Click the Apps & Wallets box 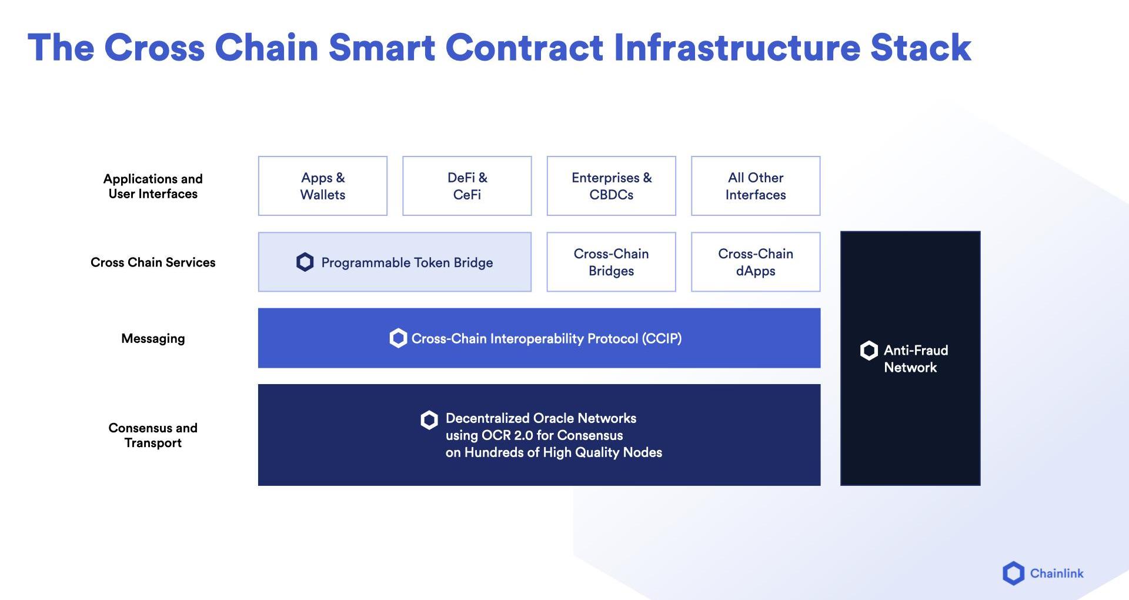pyautogui.click(x=323, y=186)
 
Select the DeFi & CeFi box pyautogui.click(x=467, y=186)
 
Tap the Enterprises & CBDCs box pyautogui.click(x=612, y=186)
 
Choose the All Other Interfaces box pyautogui.click(x=756, y=186)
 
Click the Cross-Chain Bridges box pyautogui.click(x=612, y=262)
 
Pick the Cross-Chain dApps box pyautogui.click(x=756, y=262)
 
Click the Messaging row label pyautogui.click(x=153, y=339)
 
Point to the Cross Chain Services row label pyautogui.click(x=153, y=262)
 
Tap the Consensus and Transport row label pyautogui.click(x=153, y=435)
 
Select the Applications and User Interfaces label pyautogui.click(x=153, y=186)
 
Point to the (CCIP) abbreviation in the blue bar pyautogui.click(x=662, y=339)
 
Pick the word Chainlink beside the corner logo pyautogui.click(x=1057, y=574)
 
